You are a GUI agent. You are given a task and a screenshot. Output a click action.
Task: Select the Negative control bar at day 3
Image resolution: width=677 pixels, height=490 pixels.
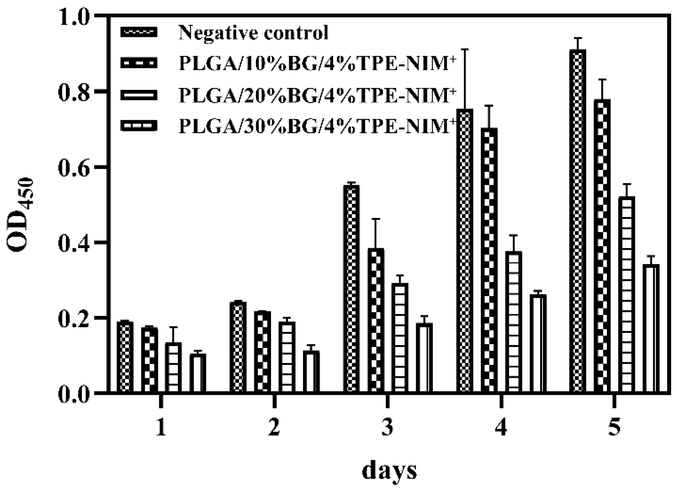(x=351, y=288)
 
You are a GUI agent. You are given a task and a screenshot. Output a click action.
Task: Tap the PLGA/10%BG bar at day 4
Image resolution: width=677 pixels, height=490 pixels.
(x=489, y=260)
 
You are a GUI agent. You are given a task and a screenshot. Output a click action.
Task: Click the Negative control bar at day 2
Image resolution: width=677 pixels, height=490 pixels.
(x=238, y=347)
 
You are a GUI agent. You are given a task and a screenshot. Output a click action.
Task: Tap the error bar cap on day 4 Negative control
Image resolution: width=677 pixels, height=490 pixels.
(x=465, y=49)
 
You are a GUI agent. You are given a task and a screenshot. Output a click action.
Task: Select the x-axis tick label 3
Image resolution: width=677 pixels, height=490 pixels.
(x=388, y=428)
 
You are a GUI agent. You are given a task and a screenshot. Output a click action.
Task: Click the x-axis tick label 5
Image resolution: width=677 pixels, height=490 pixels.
(x=614, y=428)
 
